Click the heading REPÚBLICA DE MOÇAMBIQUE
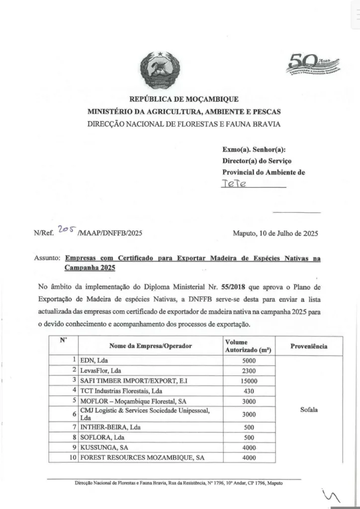(x=184, y=99)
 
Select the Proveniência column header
(x=308, y=346)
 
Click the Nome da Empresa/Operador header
(x=149, y=346)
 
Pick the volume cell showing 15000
(x=249, y=381)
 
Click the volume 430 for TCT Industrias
(x=249, y=391)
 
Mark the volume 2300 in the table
(x=249, y=370)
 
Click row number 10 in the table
(x=73, y=458)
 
